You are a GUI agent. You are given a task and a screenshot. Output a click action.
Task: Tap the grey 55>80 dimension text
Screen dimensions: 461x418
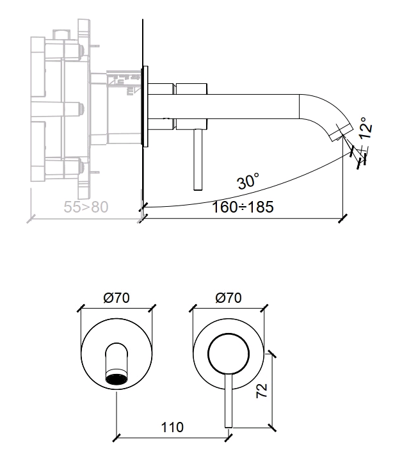tap(87, 207)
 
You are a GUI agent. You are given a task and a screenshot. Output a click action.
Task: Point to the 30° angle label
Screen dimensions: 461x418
tap(248, 182)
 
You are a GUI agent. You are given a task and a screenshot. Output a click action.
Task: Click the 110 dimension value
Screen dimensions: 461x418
tap(171, 427)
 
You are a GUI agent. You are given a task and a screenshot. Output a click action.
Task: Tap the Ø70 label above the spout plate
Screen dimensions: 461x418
tap(117, 298)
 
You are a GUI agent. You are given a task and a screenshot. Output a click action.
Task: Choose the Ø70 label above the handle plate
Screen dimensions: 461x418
tap(229, 298)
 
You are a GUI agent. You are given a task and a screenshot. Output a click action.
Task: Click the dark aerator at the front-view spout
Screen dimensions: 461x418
tap(116, 378)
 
